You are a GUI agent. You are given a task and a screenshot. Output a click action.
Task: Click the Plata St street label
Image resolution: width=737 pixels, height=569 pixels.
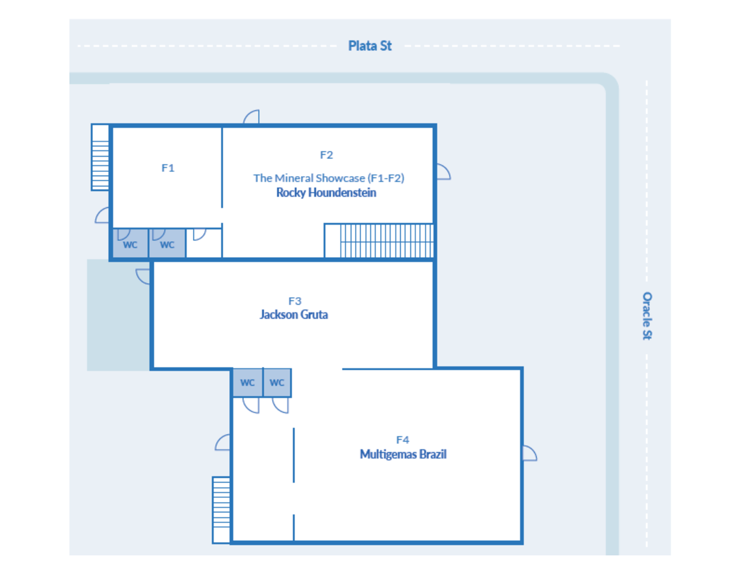click(x=370, y=46)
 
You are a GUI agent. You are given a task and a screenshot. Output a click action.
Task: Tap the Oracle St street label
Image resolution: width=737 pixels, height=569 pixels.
click(x=647, y=315)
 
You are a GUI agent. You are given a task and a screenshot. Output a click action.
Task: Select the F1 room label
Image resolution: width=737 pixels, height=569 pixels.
click(x=168, y=168)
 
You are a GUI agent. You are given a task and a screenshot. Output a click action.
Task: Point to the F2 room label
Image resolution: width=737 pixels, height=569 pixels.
click(x=326, y=155)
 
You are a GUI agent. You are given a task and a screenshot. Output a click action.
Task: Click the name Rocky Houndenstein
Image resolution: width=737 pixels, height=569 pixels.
click(x=326, y=193)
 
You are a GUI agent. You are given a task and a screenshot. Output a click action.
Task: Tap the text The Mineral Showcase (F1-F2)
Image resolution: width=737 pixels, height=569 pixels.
click(x=329, y=178)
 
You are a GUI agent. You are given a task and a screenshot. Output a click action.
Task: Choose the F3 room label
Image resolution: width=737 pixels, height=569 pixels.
click(x=295, y=301)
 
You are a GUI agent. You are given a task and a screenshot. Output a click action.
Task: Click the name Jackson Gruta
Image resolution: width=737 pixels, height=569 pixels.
click(x=294, y=314)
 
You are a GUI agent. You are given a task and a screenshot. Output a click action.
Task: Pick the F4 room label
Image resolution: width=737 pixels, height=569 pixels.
click(x=402, y=440)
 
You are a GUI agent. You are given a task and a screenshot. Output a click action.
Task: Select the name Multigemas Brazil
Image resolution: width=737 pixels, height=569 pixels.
click(x=403, y=454)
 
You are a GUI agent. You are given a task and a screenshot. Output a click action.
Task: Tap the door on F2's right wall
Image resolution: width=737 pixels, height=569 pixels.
click(x=443, y=171)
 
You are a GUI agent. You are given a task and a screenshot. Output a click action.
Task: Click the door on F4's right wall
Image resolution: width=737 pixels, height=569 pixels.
click(x=530, y=453)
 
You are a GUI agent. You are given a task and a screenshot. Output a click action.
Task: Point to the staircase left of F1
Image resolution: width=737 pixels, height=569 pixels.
click(x=100, y=157)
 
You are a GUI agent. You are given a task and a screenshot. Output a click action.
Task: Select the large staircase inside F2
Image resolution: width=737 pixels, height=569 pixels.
click(x=379, y=241)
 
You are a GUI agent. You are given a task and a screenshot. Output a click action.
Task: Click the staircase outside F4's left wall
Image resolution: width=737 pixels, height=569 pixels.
click(x=221, y=510)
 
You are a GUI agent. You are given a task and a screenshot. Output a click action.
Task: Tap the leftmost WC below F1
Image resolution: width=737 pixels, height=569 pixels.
click(x=130, y=243)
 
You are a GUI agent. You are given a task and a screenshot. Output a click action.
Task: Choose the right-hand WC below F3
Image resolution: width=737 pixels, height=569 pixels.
click(x=277, y=382)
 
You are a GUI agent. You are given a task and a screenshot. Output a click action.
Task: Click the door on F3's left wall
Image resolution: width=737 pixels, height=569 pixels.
click(x=142, y=276)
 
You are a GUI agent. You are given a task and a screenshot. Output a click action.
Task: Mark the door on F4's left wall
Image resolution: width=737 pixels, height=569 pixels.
click(x=222, y=443)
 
